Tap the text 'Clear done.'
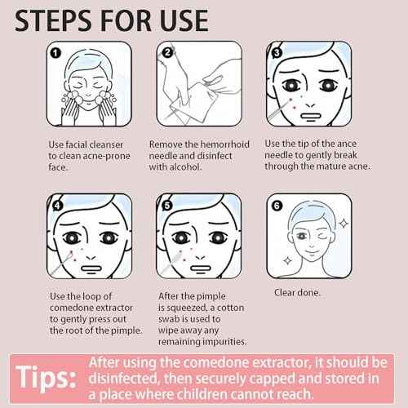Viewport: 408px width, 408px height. (x=295, y=291)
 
